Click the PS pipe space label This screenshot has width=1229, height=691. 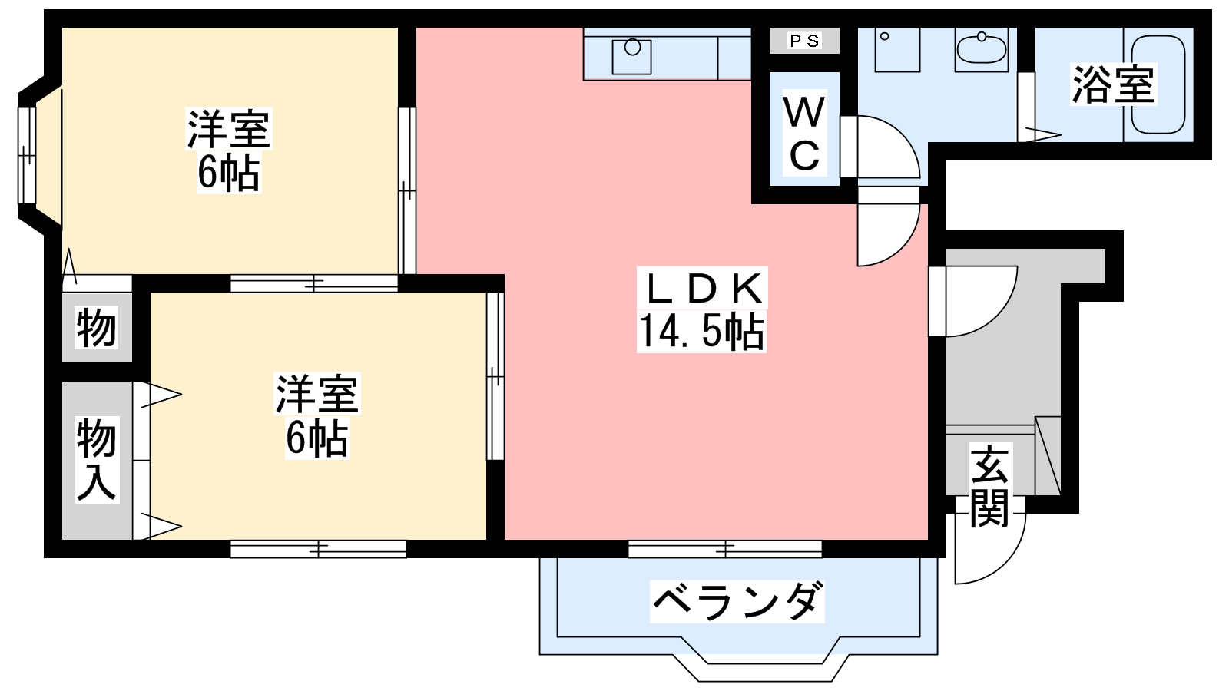click(x=804, y=41)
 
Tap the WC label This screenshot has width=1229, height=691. click(x=804, y=135)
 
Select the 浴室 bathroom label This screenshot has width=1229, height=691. click(x=1114, y=84)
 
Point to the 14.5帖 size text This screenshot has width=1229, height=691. click(x=701, y=331)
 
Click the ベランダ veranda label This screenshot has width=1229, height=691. click(x=737, y=602)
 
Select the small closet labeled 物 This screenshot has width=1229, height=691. click(x=97, y=327)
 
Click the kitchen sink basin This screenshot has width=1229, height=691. click(x=632, y=57)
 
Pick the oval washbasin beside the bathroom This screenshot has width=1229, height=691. click(x=982, y=49)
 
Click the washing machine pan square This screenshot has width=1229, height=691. click(x=897, y=50)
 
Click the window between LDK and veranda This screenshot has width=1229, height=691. click(x=725, y=549)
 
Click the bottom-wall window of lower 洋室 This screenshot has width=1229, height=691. click(x=318, y=549)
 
